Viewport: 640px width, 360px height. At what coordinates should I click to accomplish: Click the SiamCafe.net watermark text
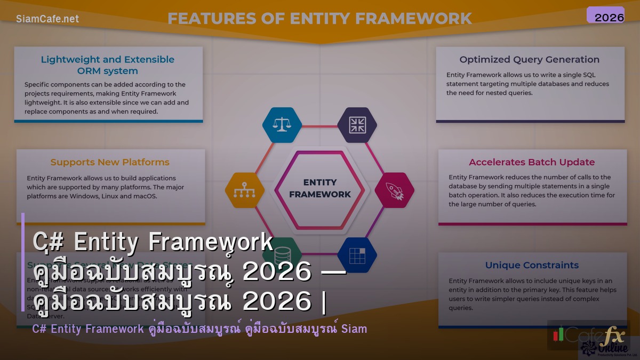click(47, 19)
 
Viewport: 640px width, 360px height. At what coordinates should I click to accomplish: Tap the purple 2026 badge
click(605, 15)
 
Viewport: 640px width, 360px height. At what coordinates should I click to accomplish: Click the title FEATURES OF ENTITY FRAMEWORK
click(319, 19)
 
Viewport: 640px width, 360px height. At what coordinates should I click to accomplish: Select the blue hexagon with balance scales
click(282, 125)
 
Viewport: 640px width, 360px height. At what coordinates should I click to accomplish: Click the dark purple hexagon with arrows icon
click(357, 125)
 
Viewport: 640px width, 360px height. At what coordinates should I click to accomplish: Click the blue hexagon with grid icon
click(357, 255)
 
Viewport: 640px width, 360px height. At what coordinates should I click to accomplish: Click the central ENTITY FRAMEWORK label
click(319, 189)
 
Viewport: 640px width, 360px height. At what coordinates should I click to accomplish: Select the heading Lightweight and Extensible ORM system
click(108, 65)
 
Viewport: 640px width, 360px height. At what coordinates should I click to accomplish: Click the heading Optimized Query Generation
click(529, 60)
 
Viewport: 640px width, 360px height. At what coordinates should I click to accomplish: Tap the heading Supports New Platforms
click(110, 162)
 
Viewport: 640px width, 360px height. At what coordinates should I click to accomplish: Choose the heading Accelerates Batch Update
click(532, 162)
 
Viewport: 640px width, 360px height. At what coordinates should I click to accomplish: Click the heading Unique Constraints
click(532, 265)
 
